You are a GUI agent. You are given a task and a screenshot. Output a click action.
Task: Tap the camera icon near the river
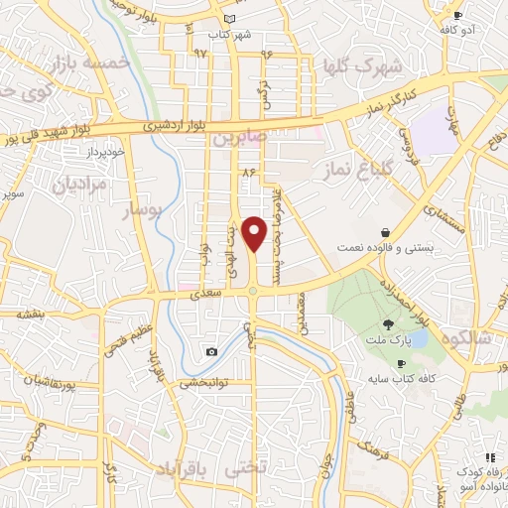click(x=211, y=352)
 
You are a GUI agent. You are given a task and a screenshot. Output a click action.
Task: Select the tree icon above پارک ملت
click(x=388, y=324)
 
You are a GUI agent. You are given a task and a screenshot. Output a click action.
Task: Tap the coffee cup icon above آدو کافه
click(x=457, y=15)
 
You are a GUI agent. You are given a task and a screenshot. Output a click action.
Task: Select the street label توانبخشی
click(x=202, y=382)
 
